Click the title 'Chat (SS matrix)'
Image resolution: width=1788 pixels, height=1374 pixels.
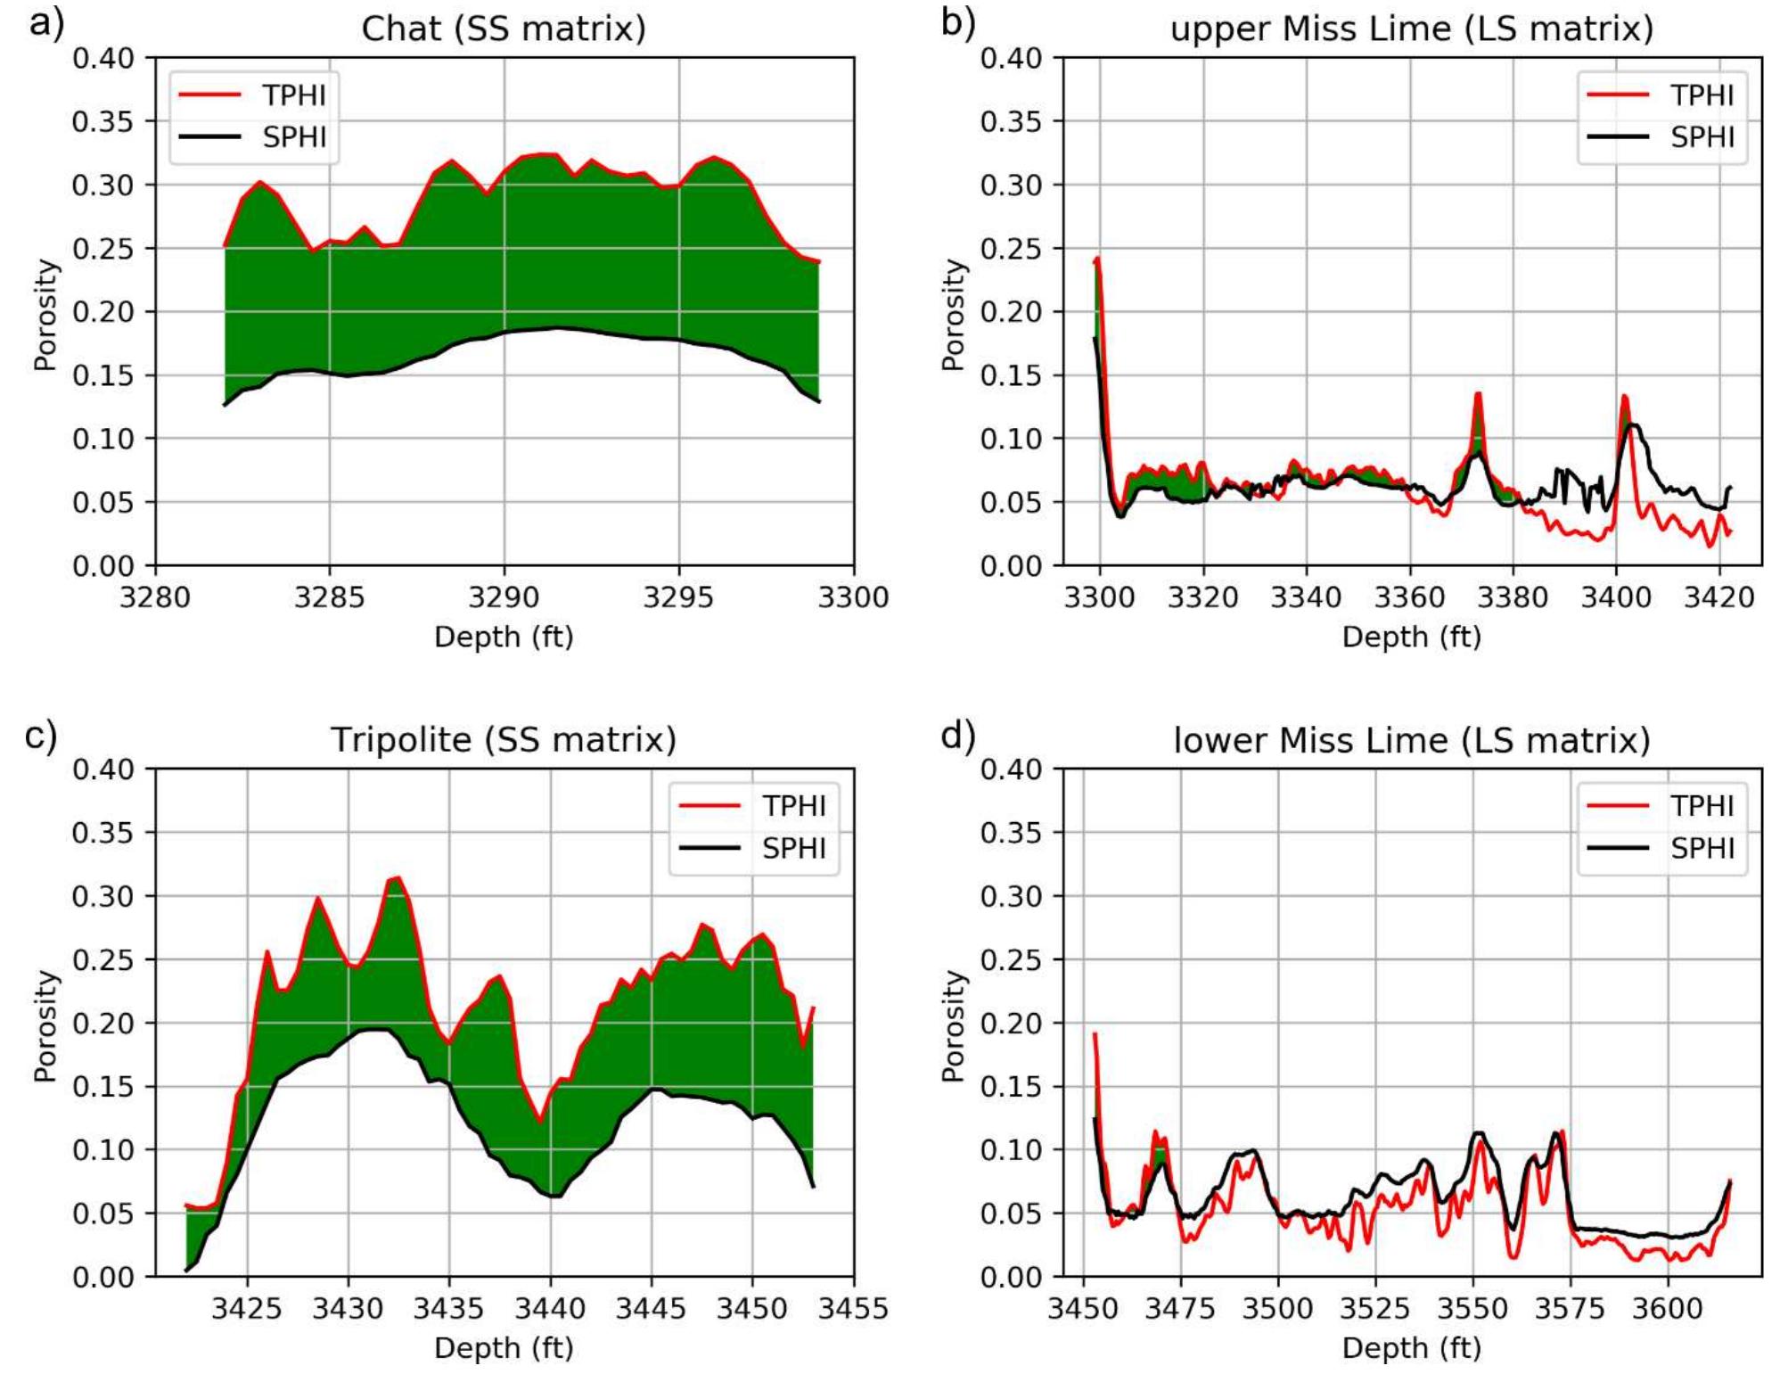point(503,29)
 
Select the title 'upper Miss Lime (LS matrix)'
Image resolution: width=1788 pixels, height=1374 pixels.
point(1411,29)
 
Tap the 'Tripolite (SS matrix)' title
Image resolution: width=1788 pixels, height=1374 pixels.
point(503,739)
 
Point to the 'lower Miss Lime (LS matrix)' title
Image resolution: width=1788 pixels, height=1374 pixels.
point(1411,739)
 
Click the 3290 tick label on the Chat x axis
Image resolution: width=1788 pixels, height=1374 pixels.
point(504,596)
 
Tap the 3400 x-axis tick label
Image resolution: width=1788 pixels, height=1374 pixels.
point(1617,596)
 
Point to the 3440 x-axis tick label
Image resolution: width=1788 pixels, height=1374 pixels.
point(551,1307)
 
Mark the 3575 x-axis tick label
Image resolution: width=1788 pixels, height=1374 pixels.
point(1570,1307)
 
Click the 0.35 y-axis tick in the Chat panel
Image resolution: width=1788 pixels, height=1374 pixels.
point(103,121)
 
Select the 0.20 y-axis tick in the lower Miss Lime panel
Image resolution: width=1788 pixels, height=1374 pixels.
point(1011,1023)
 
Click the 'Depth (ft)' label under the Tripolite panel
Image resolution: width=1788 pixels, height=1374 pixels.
point(504,1347)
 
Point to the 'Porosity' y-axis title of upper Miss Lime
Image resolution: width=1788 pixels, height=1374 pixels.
point(954,314)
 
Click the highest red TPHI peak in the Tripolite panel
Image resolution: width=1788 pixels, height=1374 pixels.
point(397,877)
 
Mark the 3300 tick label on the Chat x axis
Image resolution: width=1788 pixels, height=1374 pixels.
point(853,596)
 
